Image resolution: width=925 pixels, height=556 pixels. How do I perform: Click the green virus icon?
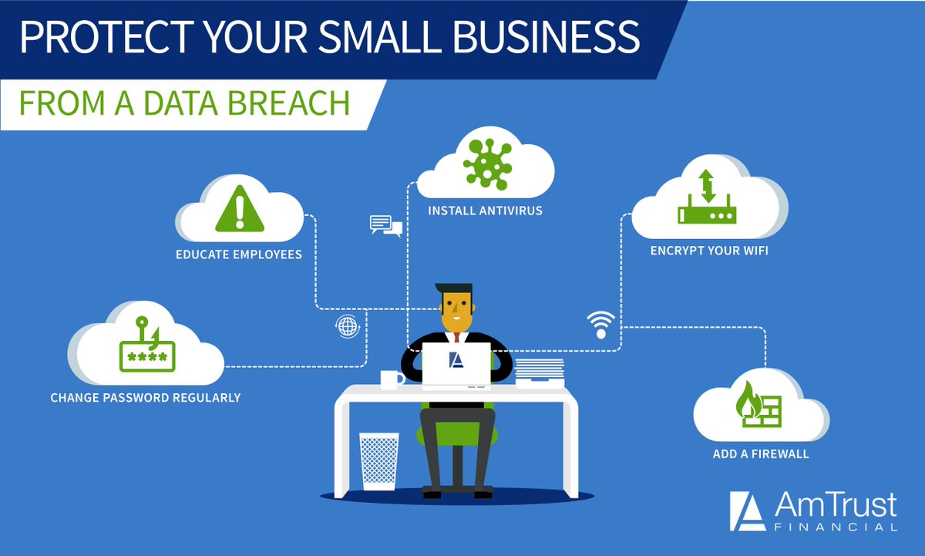487,164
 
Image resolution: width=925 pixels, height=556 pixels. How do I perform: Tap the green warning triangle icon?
240,209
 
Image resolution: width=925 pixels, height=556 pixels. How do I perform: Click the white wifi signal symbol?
601,325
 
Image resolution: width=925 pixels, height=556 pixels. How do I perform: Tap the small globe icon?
348,326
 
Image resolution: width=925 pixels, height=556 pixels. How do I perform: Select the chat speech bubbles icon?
386,226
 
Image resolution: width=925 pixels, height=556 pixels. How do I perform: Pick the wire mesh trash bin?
378,461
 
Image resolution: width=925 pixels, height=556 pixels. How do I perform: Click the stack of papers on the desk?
540,373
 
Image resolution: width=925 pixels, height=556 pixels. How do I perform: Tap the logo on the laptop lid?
456,360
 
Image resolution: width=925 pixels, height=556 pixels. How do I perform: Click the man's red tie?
456,338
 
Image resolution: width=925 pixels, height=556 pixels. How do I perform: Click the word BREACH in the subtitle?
288,103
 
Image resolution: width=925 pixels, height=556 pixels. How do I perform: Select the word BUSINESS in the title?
546,37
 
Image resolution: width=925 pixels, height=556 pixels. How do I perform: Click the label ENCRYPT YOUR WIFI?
709,251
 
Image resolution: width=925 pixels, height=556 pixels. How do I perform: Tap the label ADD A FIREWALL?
761,454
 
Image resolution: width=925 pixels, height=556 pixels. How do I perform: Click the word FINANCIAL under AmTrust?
836,527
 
